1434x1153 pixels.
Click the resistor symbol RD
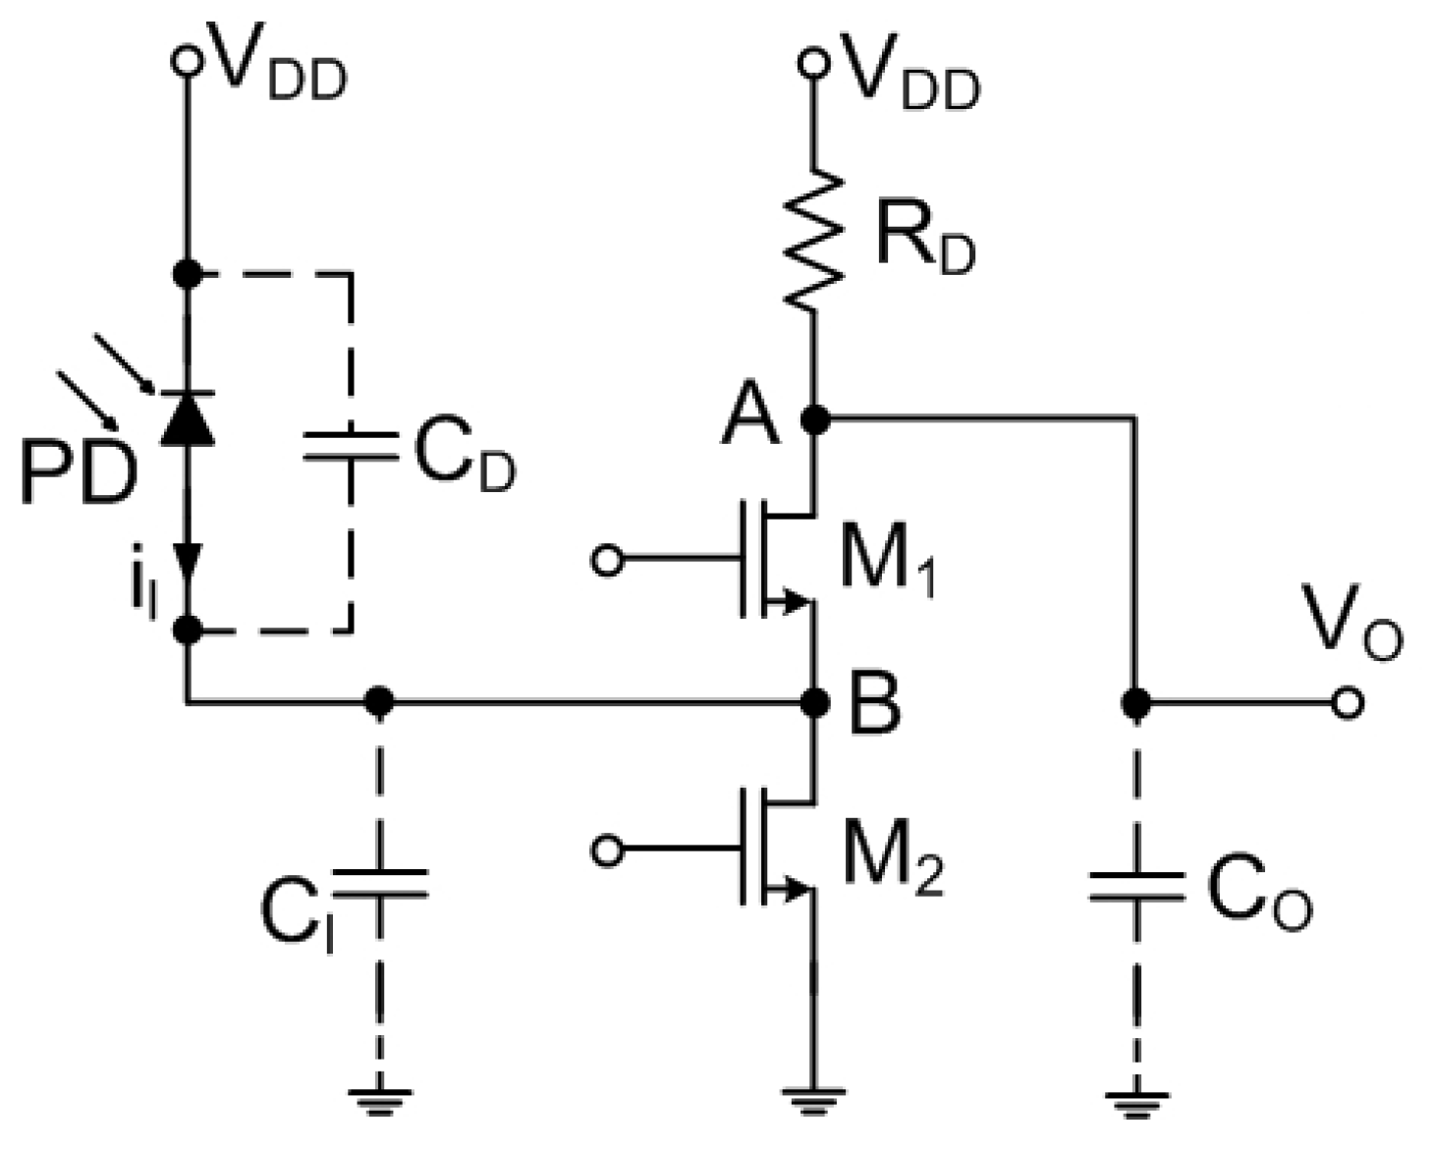click(814, 243)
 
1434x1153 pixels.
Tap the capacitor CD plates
click(351, 447)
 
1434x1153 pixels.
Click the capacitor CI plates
click(380, 884)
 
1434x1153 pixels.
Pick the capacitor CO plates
click(1136, 887)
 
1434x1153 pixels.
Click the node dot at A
click(814, 420)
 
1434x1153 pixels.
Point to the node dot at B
click(814, 702)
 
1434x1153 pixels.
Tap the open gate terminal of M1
click(608, 561)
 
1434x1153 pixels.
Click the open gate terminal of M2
click(608, 851)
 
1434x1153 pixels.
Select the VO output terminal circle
click(1348, 703)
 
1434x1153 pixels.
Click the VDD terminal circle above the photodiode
click(186, 62)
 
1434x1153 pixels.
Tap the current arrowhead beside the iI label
click(187, 562)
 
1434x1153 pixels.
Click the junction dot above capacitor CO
click(1136, 703)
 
